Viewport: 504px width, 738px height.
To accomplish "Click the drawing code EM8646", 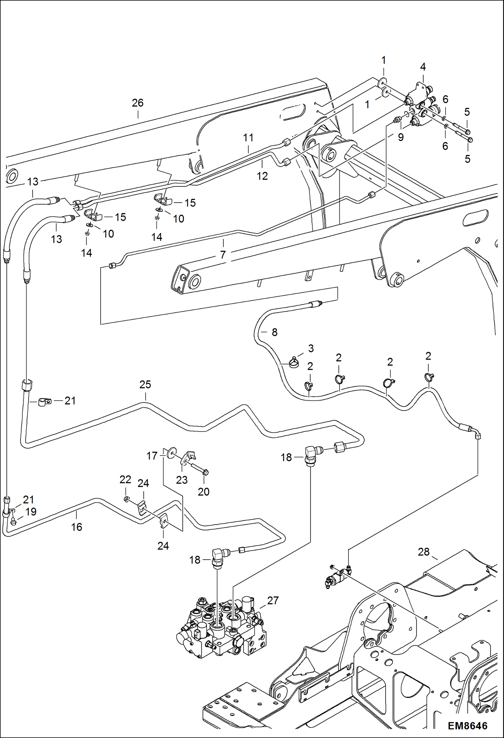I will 467,726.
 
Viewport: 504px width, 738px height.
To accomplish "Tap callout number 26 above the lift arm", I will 138,103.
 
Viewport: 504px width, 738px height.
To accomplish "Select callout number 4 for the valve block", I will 423,67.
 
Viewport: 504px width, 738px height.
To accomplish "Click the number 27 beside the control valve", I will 273,600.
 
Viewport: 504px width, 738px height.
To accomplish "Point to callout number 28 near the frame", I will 424,552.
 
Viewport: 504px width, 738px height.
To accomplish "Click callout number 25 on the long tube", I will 145,384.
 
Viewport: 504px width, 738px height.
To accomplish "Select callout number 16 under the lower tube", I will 76,527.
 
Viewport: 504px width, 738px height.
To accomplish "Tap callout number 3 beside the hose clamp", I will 311,348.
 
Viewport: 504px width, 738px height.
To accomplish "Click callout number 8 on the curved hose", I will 275,332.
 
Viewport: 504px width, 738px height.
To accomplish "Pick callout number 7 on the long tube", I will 223,254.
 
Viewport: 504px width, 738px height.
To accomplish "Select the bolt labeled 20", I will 199,469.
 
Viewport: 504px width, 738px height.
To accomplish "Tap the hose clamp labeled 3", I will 293,363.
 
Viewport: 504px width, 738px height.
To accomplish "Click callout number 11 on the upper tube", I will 248,138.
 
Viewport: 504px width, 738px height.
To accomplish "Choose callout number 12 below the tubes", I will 262,176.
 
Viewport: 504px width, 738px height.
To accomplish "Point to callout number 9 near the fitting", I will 400,137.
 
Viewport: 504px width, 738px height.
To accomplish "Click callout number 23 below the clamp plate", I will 182,480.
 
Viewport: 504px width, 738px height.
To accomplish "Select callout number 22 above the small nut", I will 125,480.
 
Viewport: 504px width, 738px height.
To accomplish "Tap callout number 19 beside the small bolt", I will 31,512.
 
